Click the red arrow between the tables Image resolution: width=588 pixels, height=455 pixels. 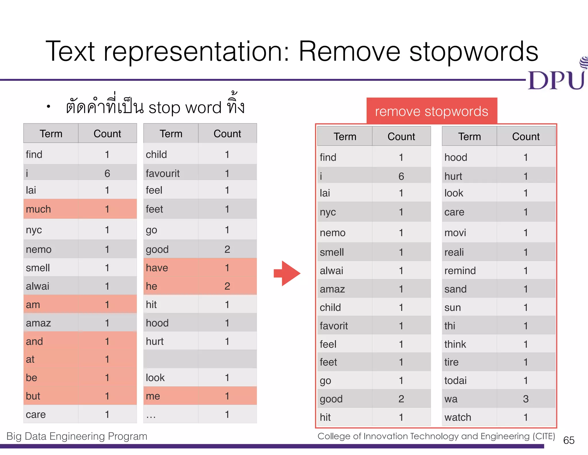[x=287, y=273]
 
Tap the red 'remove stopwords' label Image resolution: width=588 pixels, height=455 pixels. [x=432, y=111]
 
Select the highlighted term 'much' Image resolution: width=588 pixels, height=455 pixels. [x=38, y=209]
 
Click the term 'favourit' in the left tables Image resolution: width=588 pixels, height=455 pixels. [x=163, y=173]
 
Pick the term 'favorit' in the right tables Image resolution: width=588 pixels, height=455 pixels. [x=334, y=326]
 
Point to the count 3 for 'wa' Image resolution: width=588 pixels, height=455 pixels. [x=526, y=399]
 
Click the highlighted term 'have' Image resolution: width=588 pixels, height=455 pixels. [x=157, y=268]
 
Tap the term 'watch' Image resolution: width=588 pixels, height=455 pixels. [x=458, y=417]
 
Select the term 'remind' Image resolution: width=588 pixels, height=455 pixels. [x=460, y=271]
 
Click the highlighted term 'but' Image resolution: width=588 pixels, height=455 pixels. [x=33, y=396]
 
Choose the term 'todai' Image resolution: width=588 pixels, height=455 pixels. [x=455, y=381]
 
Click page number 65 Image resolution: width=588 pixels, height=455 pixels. [x=569, y=440]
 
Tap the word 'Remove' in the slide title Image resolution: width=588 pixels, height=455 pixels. [x=349, y=52]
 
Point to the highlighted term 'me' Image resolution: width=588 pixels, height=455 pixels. [x=153, y=396]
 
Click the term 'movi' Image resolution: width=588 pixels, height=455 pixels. [x=455, y=233]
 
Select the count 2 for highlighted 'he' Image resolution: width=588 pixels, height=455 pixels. [x=227, y=286]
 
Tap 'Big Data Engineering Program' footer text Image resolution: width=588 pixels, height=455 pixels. [x=77, y=436]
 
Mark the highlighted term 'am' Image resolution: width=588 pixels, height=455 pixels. [x=33, y=305]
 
